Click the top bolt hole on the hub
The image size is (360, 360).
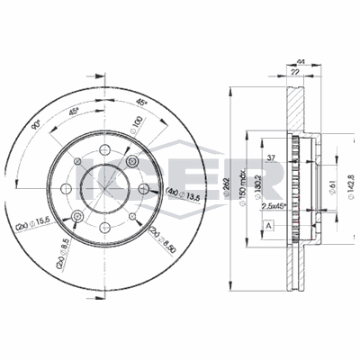click(106, 149)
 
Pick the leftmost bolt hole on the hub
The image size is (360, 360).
click(78, 162)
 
